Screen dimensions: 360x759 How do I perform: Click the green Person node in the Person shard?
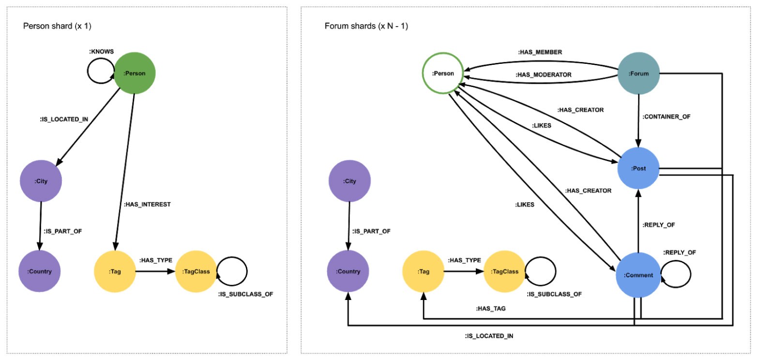coord(134,74)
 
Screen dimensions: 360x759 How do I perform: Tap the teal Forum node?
coord(639,74)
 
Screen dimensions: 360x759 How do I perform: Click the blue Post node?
coord(639,168)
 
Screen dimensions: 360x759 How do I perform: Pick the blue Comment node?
coord(638,275)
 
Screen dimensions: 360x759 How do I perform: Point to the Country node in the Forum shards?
coord(349,271)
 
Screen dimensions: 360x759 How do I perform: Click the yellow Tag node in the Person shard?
coord(115,271)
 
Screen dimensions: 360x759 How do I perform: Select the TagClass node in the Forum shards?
coord(504,271)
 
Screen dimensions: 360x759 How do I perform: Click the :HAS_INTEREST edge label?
coord(148,205)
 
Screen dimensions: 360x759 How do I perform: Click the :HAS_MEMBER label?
coord(540,52)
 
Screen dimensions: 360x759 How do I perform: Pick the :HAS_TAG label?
coord(491,308)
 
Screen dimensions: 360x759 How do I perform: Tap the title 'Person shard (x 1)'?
coord(57,26)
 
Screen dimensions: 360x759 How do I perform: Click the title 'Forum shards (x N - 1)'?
coord(366,26)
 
